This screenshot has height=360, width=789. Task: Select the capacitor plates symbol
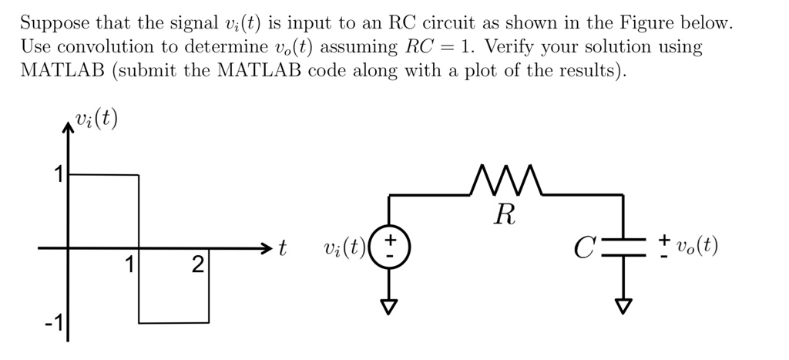point(625,247)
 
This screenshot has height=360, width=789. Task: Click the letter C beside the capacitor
point(583,249)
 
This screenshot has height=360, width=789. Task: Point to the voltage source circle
point(391,247)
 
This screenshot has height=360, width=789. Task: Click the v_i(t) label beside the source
point(344,248)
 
